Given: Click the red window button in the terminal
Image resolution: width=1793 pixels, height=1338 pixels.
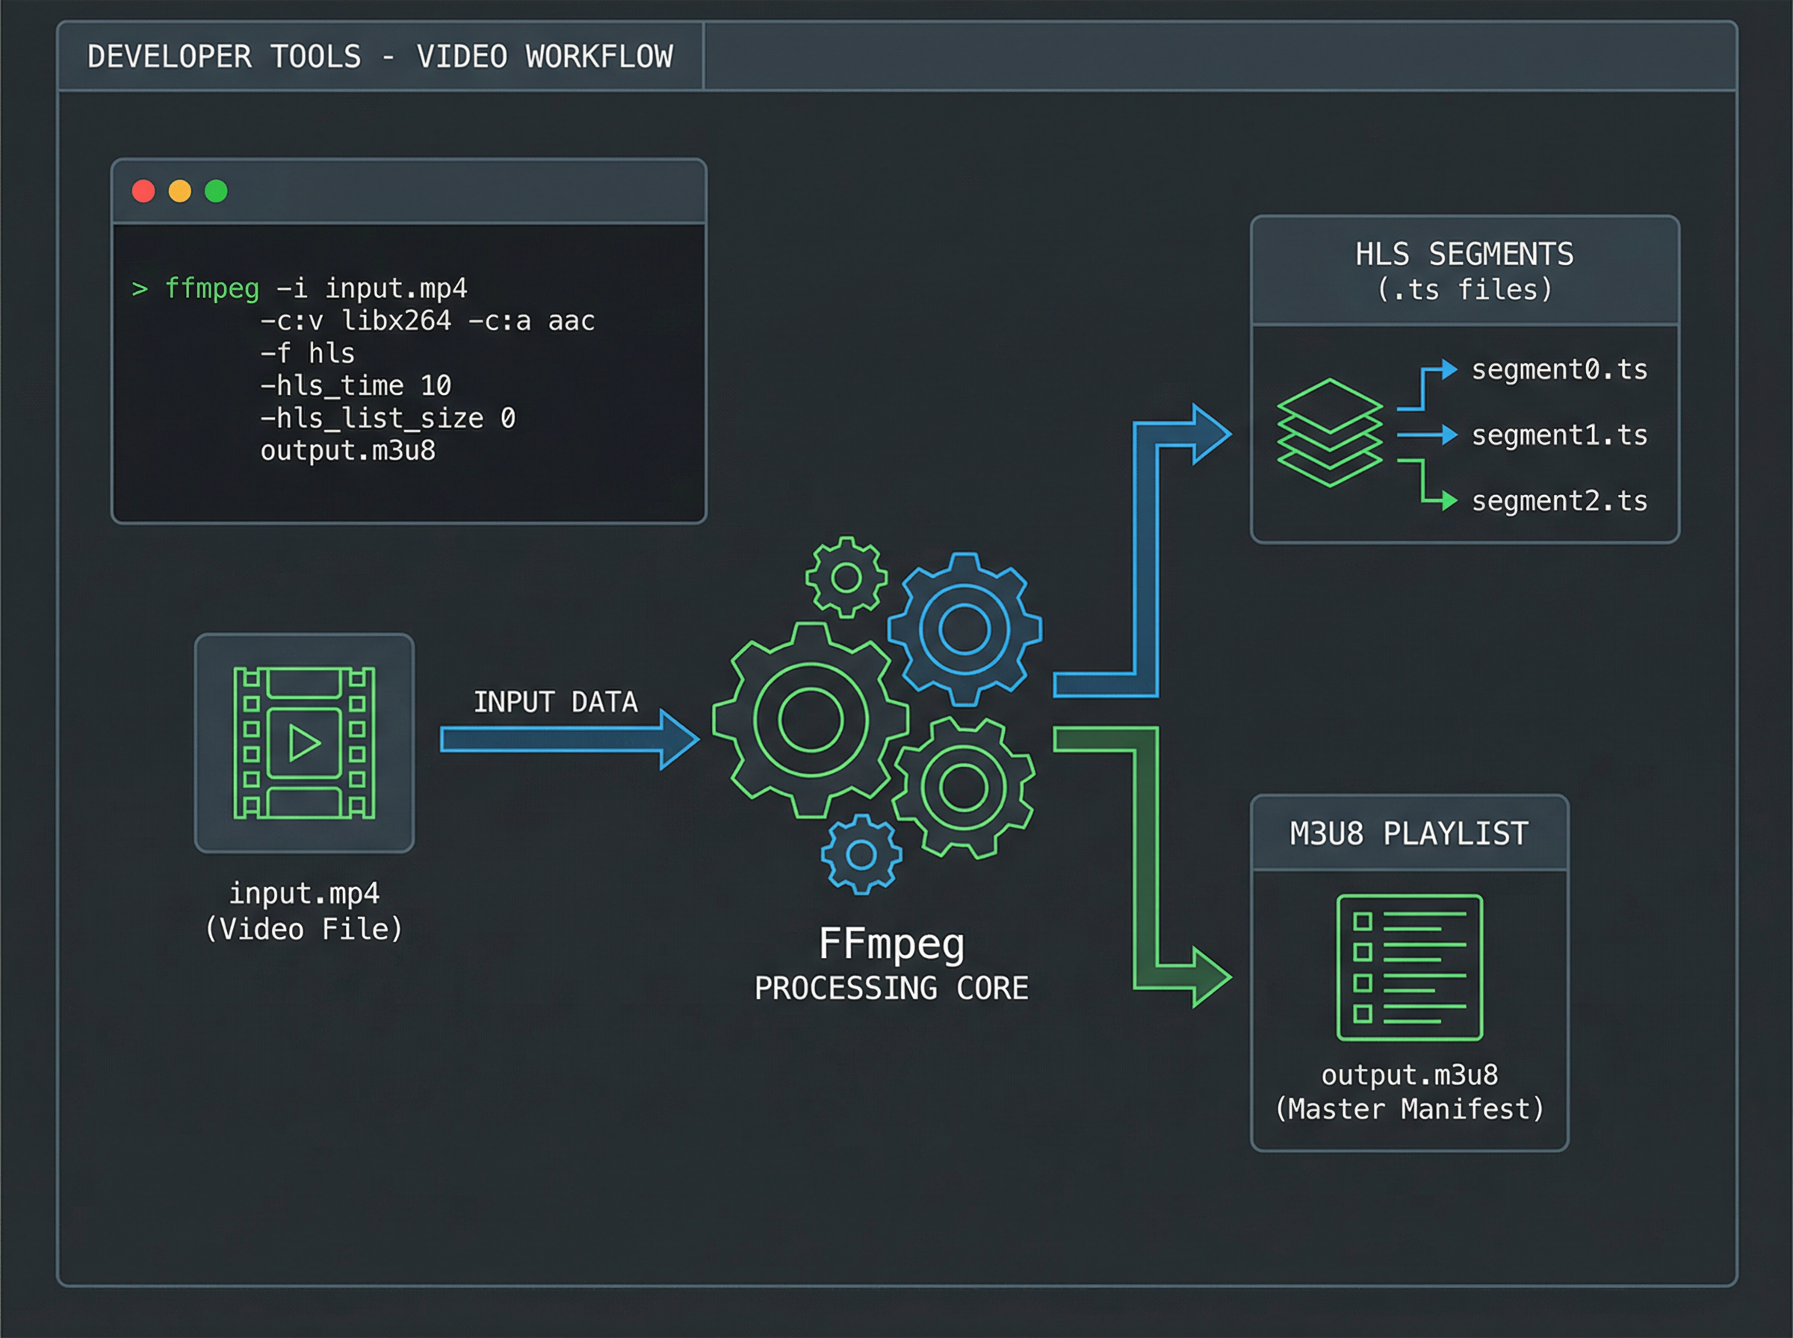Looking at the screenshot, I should (143, 191).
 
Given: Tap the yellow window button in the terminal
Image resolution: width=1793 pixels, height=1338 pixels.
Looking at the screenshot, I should (180, 191).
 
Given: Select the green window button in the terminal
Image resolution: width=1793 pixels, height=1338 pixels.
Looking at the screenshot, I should (215, 191).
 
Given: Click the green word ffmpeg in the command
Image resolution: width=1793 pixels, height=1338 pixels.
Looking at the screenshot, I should (211, 288).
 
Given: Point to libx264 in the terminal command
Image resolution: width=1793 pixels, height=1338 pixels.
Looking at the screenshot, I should (396, 321).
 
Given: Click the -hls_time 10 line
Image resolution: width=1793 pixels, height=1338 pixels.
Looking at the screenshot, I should (355, 385).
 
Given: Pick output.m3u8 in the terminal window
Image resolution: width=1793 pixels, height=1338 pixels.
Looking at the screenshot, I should (347, 450).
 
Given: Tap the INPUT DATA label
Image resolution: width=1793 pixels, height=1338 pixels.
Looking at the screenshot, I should (555, 701).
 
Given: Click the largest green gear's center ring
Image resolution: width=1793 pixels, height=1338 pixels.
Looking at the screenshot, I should (811, 720).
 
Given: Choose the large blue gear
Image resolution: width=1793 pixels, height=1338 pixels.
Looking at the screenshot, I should (964, 629).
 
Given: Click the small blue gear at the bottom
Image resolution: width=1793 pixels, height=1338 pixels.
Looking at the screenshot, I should (861, 854).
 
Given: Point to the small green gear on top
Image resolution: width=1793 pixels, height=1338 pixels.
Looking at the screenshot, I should (846, 577).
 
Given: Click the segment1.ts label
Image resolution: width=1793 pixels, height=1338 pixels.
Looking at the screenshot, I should (1559, 436).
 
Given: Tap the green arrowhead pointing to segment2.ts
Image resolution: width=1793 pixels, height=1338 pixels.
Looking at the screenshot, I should (1449, 501).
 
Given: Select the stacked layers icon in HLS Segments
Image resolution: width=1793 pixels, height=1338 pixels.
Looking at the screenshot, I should (1330, 432).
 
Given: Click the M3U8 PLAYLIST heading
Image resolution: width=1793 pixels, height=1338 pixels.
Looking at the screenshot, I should (1409, 833).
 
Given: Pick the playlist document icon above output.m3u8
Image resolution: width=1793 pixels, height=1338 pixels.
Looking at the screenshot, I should (1409, 967).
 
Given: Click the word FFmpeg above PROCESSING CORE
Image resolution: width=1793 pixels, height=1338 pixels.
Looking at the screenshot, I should (891, 945).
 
